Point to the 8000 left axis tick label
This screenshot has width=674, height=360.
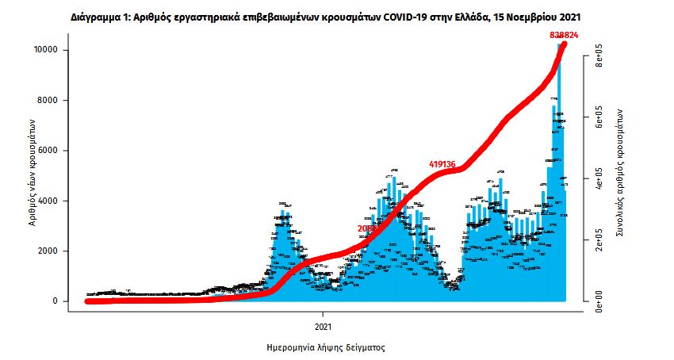click(x=47, y=101)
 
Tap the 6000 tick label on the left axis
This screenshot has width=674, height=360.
click(x=47, y=151)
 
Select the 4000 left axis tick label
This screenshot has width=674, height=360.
click(x=47, y=201)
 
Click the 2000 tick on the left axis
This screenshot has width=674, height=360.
click(x=47, y=251)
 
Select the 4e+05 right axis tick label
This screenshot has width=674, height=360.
click(x=600, y=178)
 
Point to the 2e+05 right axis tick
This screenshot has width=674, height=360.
click(x=600, y=239)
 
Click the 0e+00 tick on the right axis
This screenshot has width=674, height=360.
click(x=600, y=301)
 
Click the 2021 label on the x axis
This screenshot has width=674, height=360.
click(x=323, y=326)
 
